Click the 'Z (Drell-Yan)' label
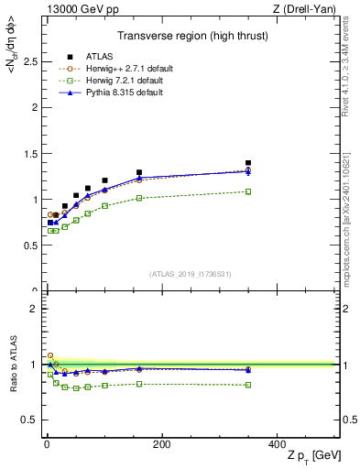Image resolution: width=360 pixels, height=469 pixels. (x=308, y=8)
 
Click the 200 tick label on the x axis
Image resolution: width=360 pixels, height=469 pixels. (x=161, y=444)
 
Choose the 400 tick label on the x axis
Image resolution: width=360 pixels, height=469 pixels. (x=277, y=444)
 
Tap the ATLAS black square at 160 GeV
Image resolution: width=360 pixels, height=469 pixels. (x=139, y=172)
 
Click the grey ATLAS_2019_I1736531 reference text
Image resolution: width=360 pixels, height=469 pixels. (x=191, y=274)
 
